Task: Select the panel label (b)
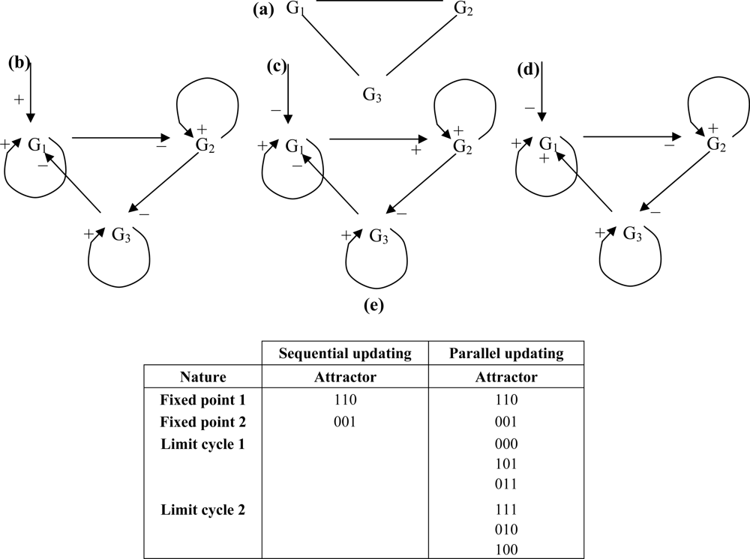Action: coord(18,63)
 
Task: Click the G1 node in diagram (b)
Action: coord(39,145)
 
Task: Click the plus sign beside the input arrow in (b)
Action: coord(18,99)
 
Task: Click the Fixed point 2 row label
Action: coord(202,421)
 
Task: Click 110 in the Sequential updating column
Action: coord(345,400)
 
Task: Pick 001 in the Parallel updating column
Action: coord(505,421)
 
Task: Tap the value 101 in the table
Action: coord(505,464)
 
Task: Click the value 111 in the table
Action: coord(505,510)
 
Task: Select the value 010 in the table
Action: coord(505,530)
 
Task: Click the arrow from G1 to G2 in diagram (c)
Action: coord(375,139)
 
